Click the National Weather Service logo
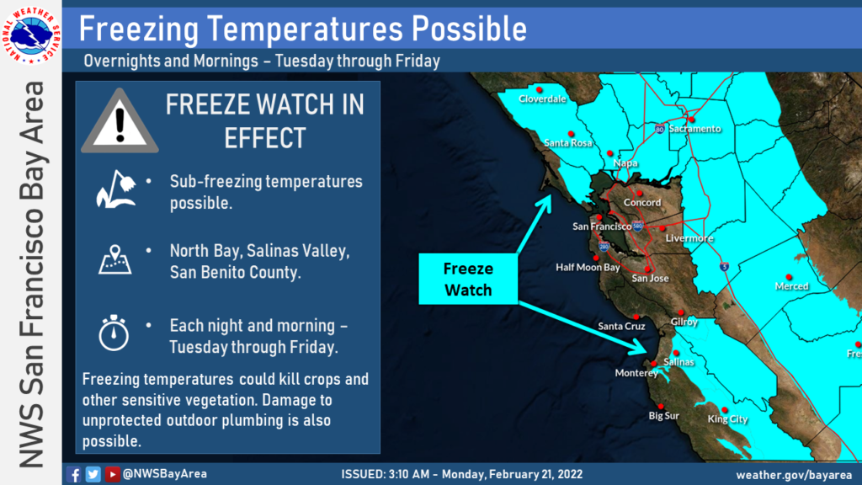[31, 35]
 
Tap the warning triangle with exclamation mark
[120, 121]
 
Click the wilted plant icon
[115, 189]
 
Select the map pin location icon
[114, 259]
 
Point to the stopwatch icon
[114, 333]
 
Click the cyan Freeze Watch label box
[468, 279]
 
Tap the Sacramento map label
[694, 129]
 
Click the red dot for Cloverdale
[540, 89]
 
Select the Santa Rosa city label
[568, 143]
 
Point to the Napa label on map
[625, 163]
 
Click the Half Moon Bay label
[588, 267]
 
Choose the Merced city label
[791, 286]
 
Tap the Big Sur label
[664, 416]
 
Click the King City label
[727, 419]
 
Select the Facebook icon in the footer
[74, 474]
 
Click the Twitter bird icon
[93, 474]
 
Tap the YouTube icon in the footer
[112, 474]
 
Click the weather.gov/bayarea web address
[794, 475]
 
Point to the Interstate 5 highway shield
[725, 267]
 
